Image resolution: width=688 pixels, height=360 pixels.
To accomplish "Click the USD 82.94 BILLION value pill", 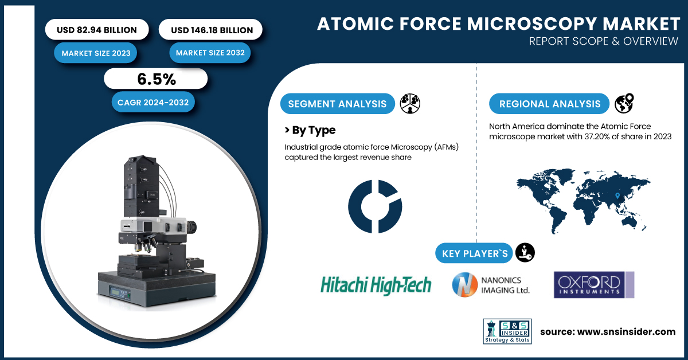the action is [x=97, y=29].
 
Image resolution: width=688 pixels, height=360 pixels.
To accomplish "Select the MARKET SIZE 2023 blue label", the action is [x=96, y=53].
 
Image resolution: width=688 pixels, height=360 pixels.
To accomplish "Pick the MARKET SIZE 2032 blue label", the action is [x=210, y=53].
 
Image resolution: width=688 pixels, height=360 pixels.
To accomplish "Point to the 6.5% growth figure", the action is [x=156, y=79].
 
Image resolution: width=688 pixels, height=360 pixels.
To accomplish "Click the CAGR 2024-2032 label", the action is [x=153, y=102].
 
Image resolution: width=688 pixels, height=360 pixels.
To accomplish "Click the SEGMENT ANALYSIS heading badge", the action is [x=337, y=104].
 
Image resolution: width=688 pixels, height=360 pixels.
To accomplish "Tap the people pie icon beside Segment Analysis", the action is [x=410, y=104].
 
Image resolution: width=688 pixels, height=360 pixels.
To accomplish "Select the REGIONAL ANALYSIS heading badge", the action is [x=549, y=104].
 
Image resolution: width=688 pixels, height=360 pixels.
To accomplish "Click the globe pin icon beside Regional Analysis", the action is [x=624, y=103].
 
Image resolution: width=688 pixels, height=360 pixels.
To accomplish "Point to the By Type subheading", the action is [x=310, y=130].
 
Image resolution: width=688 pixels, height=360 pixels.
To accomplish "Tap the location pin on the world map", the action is [x=617, y=195].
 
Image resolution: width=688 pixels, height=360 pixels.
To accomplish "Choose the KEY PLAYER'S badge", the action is [x=474, y=253].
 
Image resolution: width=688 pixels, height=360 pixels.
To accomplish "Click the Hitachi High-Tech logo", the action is [x=376, y=285].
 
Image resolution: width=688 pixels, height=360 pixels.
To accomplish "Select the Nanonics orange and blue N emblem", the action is [x=465, y=284].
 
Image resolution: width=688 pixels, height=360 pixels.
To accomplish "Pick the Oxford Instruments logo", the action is [x=594, y=285].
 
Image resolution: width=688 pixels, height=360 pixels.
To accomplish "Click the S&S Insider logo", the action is [x=507, y=331].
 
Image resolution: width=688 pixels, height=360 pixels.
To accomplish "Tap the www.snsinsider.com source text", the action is [x=626, y=332].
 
